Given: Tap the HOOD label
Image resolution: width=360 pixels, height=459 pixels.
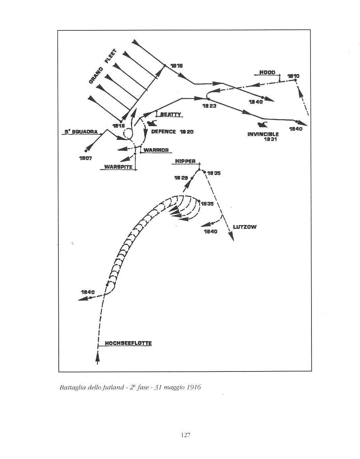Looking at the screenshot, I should click(x=267, y=73).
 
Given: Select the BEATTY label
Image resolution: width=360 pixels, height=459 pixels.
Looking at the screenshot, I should click(x=171, y=115).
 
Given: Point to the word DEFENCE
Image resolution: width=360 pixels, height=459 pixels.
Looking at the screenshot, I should click(x=163, y=132).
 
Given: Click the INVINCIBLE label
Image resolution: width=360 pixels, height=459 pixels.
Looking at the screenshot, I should click(x=263, y=134).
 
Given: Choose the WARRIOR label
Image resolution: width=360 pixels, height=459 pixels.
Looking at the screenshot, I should click(x=156, y=150).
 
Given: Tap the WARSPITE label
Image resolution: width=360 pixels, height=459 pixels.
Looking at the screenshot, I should click(x=118, y=167).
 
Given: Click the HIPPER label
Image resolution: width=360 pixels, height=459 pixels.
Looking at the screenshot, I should click(x=185, y=161).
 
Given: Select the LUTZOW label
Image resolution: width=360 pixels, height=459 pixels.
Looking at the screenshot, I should click(x=245, y=227).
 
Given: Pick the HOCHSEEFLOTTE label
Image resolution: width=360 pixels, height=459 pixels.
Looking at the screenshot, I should click(x=128, y=343).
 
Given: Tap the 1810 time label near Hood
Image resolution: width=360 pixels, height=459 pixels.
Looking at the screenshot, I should click(x=293, y=76).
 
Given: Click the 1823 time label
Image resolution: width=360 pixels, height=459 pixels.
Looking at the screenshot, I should click(x=210, y=106).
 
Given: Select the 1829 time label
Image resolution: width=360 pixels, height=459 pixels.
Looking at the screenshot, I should click(x=181, y=178).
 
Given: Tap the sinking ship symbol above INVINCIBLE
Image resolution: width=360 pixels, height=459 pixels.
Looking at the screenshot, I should click(x=263, y=124).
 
